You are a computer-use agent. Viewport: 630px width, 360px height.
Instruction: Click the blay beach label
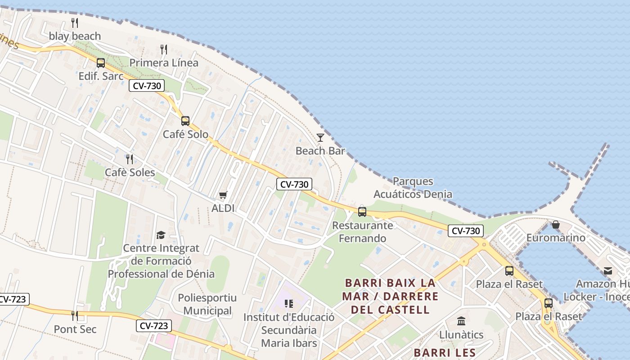[x=75, y=36]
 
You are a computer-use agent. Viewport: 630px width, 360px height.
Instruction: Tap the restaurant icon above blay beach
[x=75, y=22]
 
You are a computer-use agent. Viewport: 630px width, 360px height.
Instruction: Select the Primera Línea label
[x=164, y=63]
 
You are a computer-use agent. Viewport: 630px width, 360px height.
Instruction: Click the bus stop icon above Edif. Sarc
[x=101, y=63]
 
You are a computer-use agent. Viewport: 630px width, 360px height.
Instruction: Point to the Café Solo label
[x=185, y=134]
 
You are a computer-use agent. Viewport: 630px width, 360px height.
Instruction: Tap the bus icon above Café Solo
[x=185, y=121]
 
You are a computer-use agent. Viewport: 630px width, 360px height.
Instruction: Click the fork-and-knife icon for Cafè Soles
[x=130, y=159]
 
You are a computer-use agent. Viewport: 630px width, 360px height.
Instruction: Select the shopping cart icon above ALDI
[x=223, y=195]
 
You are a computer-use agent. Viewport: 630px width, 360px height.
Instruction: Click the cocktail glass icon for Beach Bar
[x=320, y=137]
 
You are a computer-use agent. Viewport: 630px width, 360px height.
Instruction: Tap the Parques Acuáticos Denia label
[x=413, y=188]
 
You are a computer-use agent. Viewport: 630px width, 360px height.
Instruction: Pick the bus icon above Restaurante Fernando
[x=362, y=211]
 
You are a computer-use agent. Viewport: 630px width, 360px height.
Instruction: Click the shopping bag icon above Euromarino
[x=556, y=224]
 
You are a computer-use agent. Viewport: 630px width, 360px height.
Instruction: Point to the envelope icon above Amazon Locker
[x=608, y=270]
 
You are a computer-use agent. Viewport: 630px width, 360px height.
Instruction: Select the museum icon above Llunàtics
[x=461, y=321]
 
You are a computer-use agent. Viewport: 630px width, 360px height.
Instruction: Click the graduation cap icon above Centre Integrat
[x=161, y=235]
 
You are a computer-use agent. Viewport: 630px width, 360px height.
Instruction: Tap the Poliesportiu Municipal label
[x=207, y=304]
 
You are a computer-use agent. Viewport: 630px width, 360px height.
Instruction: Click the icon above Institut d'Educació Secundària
[x=289, y=304]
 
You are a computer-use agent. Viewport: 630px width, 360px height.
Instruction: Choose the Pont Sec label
[x=75, y=329]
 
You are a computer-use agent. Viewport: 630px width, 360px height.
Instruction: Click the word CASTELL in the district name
[x=404, y=310]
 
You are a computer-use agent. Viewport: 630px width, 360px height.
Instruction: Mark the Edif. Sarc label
[x=101, y=76]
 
